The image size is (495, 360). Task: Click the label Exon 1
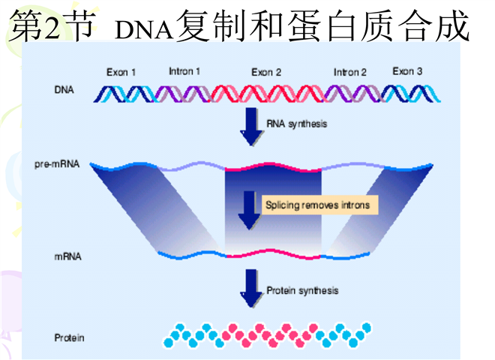click(x=121, y=73)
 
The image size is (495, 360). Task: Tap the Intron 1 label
click(x=184, y=72)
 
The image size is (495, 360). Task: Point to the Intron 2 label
click(x=350, y=73)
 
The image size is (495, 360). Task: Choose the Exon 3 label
click(x=407, y=72)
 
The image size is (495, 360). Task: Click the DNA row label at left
click(x=64, y=91)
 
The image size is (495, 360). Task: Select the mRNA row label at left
click(x=67, y=256)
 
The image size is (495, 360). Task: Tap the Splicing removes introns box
click(x=316, y=204)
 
